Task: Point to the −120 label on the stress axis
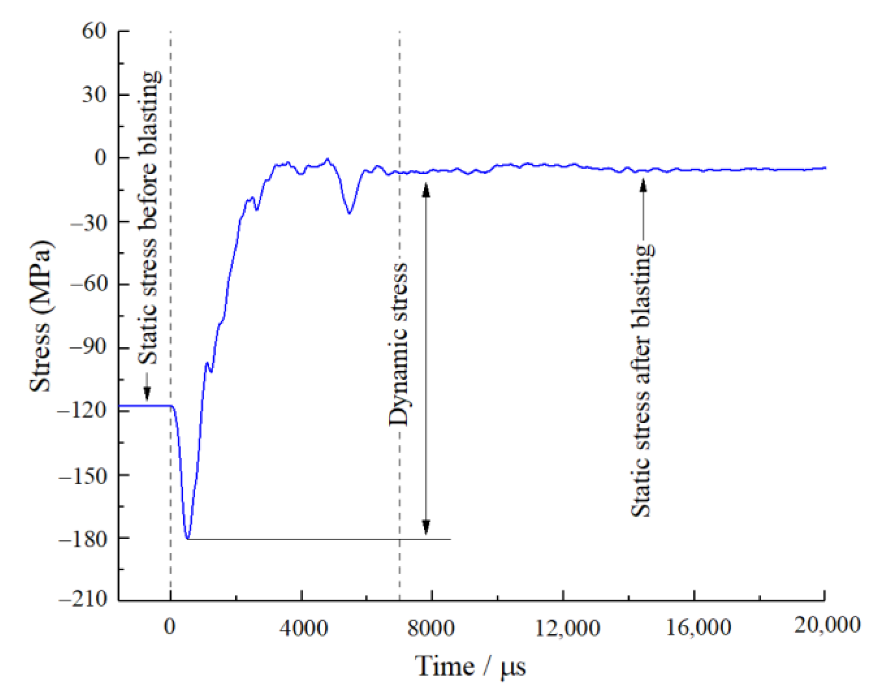[x=82, y=410]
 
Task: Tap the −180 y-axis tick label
[x=82, y=539]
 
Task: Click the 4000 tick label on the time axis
[x=303, y=627]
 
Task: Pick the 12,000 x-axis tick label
[x=567, y=627]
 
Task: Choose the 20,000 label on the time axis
[x=827, y=625]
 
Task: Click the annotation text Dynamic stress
[x=398, y=345]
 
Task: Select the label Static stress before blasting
[x=149, y=217]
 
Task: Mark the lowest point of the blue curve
[x=188, y=538]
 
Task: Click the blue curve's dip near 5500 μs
[x=349, y=213]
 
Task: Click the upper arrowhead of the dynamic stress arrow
[x=426, y=190]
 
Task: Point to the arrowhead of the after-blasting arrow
[x=644, y=186]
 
